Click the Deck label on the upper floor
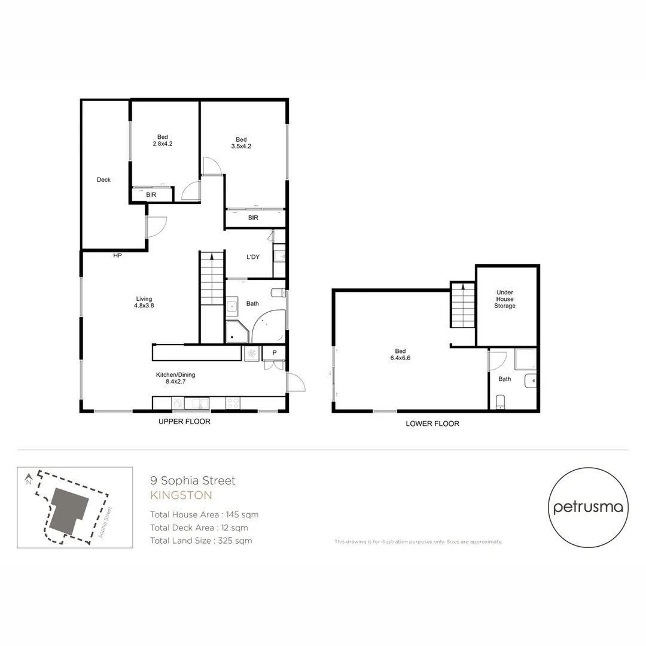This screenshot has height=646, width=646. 103,179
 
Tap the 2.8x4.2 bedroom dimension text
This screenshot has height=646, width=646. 163,144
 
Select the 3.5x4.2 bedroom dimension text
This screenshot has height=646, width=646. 241,146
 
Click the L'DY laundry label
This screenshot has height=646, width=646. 253,257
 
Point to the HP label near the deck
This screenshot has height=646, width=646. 117,256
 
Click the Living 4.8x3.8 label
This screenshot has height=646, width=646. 144,303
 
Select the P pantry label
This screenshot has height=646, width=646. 275,353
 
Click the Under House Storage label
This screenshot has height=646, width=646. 505,299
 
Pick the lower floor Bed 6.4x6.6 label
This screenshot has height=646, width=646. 400,355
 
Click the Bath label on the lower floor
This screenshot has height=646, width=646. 505,379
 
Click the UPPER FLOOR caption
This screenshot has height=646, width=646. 184,422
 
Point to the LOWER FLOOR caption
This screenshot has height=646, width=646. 432,423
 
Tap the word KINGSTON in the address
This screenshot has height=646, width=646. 181,495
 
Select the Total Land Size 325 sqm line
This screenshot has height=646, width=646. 201,541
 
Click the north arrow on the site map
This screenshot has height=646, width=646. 28,479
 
